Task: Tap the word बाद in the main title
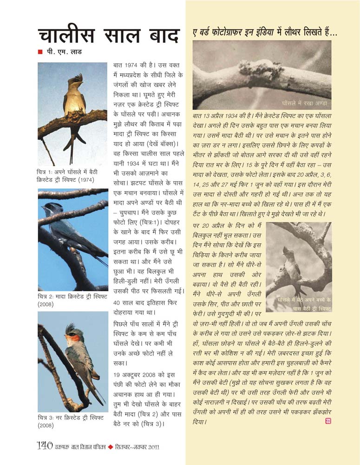(x=160, y=36)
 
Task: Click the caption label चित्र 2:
(x=47, y=296)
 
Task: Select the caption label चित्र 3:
(x=47, y=417)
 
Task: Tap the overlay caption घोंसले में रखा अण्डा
(x=304, y=102)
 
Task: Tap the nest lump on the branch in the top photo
(x=253, y=69)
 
